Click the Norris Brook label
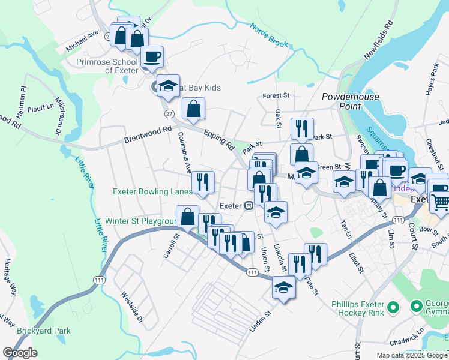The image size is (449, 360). pyautogui.click(x=270, y=35)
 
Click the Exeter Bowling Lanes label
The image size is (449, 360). pyautogui.click(x=152, y=192)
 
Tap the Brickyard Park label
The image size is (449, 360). pyautogui.click(x=43, y=331)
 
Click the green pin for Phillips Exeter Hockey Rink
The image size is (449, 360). pyautogui.click(x=393, y=308)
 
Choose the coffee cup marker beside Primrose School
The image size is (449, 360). pyautogui.click(x=152, y=57)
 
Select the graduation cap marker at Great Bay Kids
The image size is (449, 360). pyautogui.click(x=169, y=86)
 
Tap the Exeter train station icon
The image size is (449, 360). pyautogui.click(x=248, y=206)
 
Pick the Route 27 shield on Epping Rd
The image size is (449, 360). pyautogui.click(x=168, y=113)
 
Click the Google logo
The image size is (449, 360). pyautogui.click(x=20, y=353)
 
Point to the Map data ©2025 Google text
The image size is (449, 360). pyautogui.click(x=412, y=355)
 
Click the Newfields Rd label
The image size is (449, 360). pyautogui.click(x=379, y=41)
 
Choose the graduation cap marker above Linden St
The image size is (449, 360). pyautogui.click(x=283, y=287)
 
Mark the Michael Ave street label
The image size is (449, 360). pyautogui.click(x=82, y=41)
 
